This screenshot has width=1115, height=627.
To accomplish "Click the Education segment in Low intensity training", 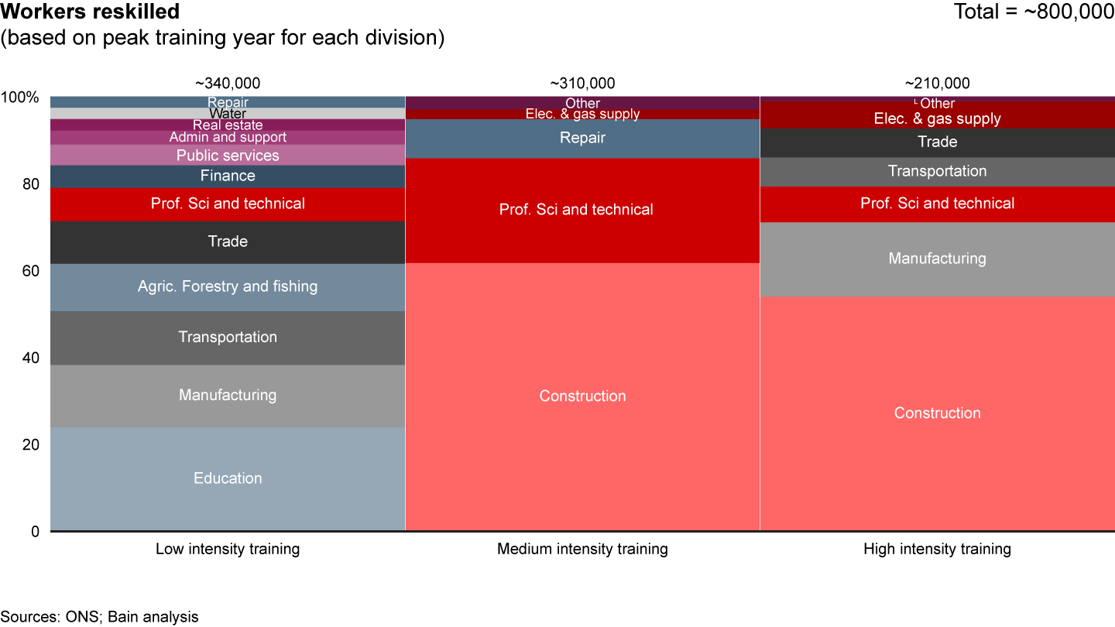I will pos(228,478).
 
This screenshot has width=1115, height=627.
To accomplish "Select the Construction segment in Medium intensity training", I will pos(582,396).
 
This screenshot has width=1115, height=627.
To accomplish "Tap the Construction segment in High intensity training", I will pos(937,413).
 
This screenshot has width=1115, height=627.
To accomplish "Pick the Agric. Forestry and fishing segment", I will pos(228,287).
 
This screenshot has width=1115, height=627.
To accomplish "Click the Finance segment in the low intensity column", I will pos(228,176).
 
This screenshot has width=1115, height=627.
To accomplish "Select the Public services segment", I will pos(228,156).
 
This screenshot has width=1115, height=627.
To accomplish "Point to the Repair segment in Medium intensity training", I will pos(582,139).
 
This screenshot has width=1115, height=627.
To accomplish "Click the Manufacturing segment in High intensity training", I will pos(937,259).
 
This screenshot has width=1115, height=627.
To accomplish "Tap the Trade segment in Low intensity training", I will pos(228,242).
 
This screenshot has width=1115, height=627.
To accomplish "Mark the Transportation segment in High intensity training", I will pos(937,172).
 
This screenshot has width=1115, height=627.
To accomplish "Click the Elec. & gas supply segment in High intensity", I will pos(937,118).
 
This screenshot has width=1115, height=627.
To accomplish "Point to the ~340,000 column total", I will pos(228,84).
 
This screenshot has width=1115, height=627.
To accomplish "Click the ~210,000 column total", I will pos(937,84).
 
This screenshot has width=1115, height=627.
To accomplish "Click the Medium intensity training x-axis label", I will pos(582,550).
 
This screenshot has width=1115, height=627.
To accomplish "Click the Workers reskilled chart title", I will pos(91,12).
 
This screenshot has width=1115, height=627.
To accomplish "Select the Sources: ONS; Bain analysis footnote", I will pos(99,617).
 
